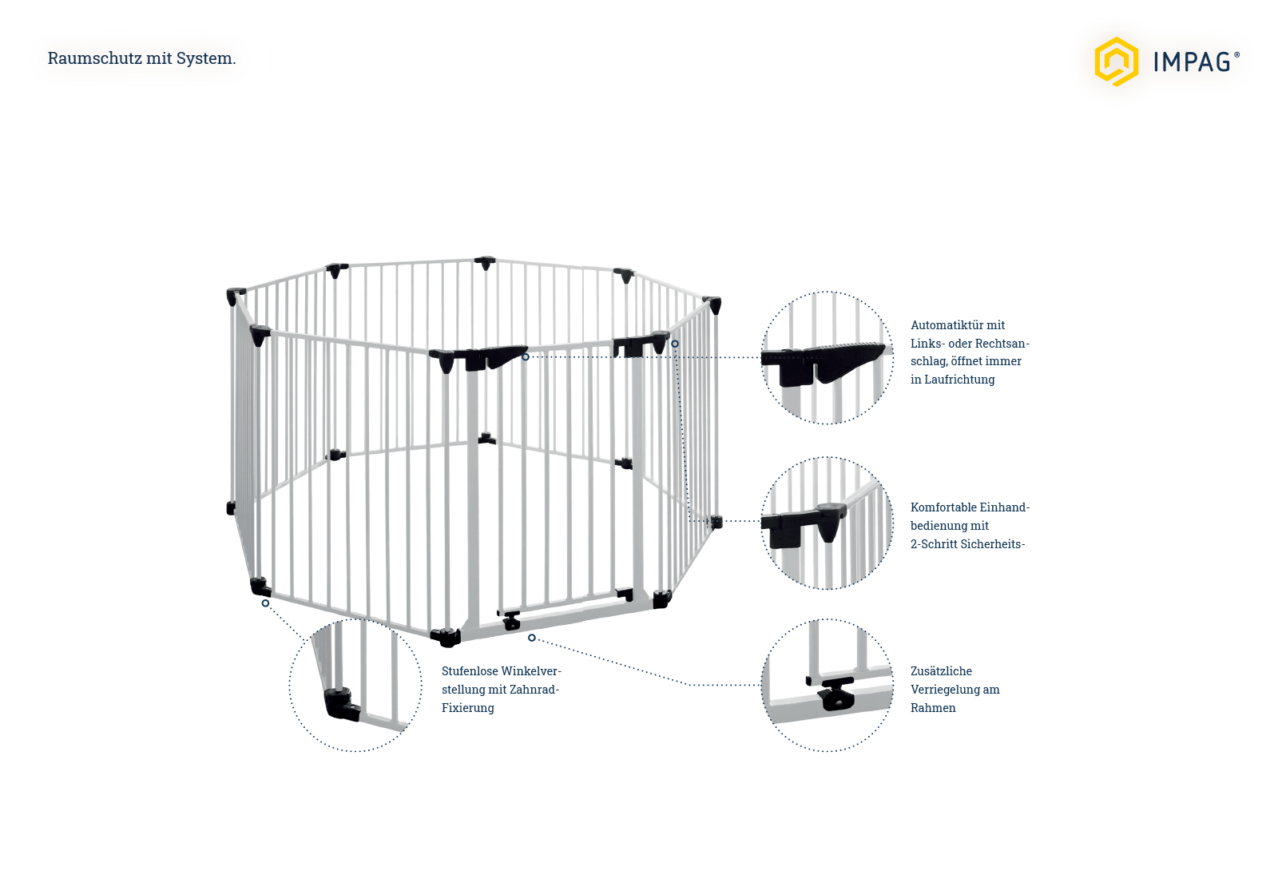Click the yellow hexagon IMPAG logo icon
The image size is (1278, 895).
point(1116,62)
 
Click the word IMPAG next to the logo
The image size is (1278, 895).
point(1192,62)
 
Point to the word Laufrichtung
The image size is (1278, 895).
point(959,380)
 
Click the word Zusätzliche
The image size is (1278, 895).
point(941,671)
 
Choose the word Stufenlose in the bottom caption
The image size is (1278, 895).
point(469,671)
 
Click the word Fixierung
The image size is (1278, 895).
point(468,708)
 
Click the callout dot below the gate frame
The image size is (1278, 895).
point(532,638)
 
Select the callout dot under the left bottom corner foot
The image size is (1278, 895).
point(265,603)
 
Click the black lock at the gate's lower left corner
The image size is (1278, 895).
point(511,620)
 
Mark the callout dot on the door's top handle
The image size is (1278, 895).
point(526,357)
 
